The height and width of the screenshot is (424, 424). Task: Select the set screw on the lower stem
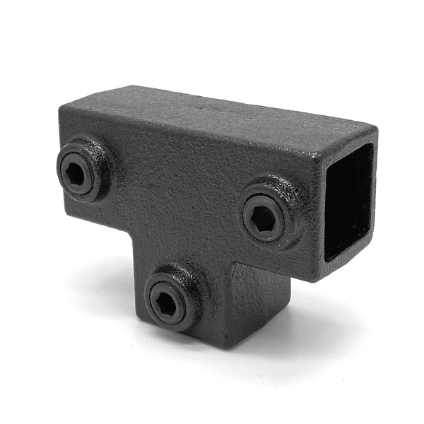pos(167,298)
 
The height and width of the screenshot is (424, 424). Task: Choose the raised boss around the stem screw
pos(185,281)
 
